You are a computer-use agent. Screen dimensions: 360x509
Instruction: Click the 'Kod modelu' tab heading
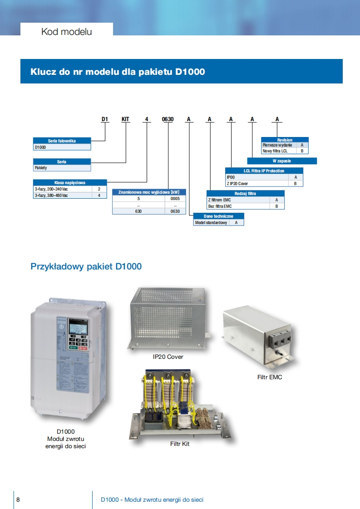click(66, 32)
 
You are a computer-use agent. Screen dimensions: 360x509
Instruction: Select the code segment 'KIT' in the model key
click(125, 119)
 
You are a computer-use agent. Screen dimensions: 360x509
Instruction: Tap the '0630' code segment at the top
click(168, 119)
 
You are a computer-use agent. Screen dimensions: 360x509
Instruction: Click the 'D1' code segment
click(105, 119)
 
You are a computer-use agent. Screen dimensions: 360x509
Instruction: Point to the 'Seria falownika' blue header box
click(62, 141)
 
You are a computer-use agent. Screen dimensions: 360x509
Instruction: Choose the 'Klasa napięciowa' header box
click(70, 182)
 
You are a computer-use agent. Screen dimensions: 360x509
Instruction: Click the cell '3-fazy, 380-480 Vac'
click(52, 195)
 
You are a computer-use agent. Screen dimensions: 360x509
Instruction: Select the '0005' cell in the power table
click(175, 199)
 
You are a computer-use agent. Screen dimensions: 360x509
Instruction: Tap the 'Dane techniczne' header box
click(219, 216)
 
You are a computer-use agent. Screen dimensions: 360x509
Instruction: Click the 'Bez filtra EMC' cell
click(220, 206)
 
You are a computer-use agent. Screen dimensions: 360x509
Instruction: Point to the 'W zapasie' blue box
click(282, 161)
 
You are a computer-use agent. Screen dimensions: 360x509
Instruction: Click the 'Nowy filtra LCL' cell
click(275, 151)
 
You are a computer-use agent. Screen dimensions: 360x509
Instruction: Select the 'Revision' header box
click(285, 140)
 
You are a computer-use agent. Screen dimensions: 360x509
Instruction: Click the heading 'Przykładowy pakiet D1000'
click(86, 266)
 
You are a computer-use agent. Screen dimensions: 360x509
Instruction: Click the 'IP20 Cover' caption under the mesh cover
click(168, 357)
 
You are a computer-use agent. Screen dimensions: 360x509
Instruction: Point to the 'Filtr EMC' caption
click(270, 377)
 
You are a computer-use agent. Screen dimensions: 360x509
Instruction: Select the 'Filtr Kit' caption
click(180, 444)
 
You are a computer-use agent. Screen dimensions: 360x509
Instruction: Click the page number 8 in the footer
click(18, 499)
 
